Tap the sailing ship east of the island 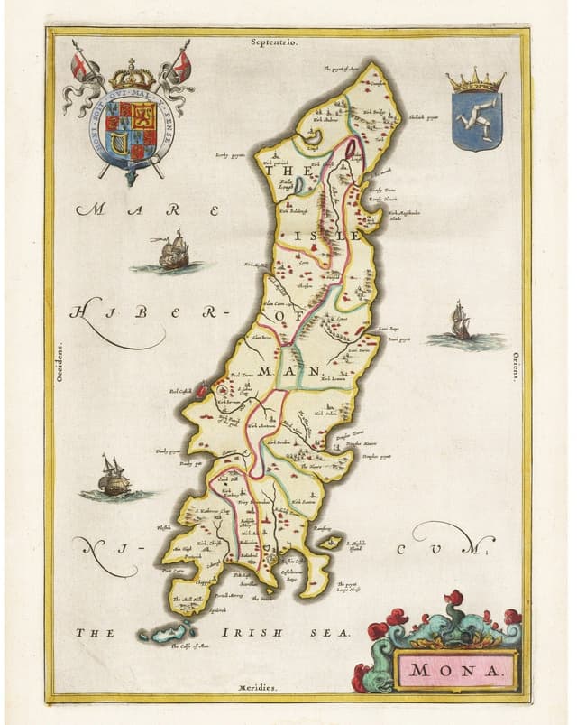click(462, 322)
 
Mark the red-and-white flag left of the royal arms click(78, 65)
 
